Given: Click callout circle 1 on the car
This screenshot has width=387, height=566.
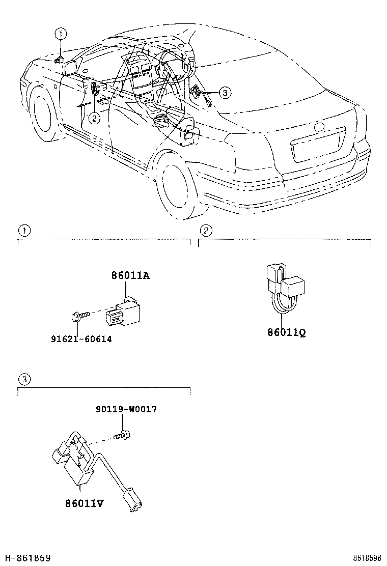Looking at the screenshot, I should pos(61,35).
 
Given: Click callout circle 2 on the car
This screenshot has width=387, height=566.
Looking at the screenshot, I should pos(94,118).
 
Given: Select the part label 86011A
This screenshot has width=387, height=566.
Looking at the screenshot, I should pos(130,275).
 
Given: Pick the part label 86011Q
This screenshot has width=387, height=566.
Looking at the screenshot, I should pos(286,333).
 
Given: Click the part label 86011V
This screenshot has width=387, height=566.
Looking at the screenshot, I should pos(84,503).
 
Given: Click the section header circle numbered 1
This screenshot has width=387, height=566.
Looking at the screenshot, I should pos(23,231).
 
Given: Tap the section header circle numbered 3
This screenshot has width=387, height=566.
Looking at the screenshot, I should pos(23,379).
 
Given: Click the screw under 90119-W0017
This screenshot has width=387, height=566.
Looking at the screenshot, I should pos(121,436).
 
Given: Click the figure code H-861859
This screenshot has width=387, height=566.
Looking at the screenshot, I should pos(26,558).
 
